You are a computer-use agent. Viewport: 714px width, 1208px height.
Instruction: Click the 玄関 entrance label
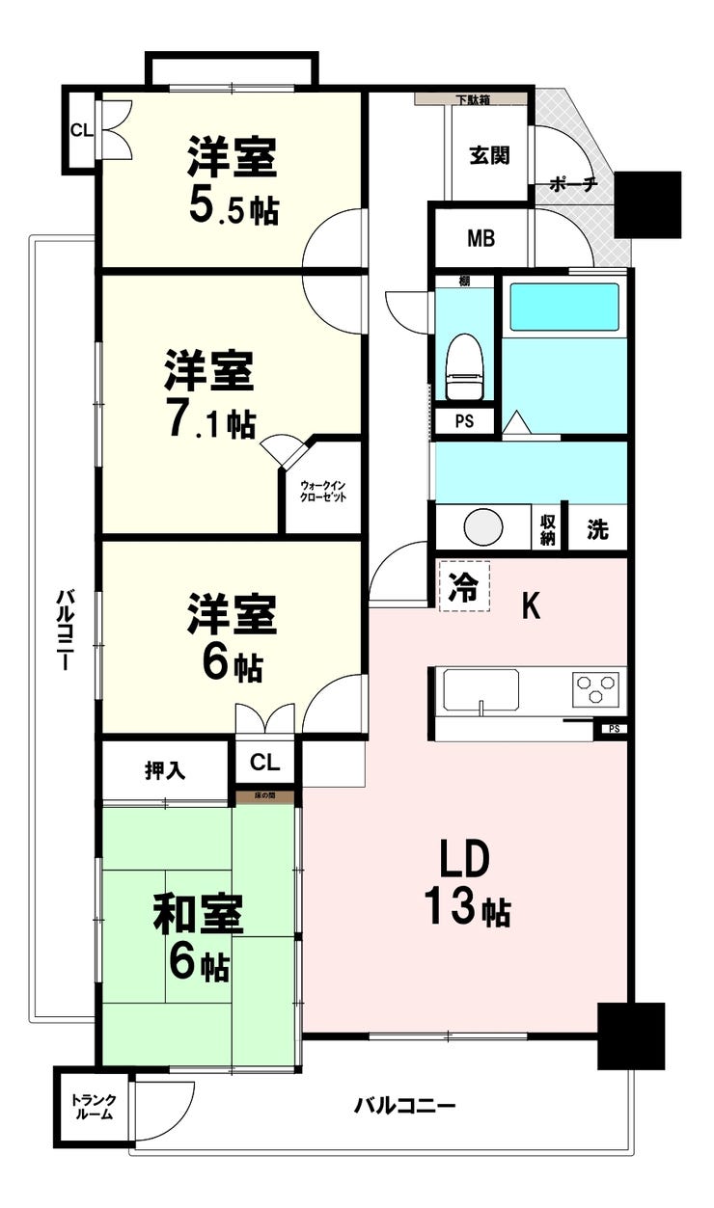click(x=489, y=155)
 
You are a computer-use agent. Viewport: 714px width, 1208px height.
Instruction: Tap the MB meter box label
click(x=481, y=238)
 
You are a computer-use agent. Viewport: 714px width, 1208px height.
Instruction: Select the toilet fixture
click(x=464, y=366)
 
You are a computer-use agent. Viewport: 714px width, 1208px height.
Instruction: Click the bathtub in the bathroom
click(x=564, y=307)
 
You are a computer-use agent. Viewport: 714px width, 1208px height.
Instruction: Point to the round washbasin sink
click(x=483, y=526)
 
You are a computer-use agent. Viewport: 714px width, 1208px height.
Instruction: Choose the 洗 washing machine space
click(x=597, y=529)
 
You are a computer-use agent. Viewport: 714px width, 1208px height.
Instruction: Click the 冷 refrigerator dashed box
click(x=464, y=586)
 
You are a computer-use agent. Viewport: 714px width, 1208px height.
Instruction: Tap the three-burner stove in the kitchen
click(x=596, y=688)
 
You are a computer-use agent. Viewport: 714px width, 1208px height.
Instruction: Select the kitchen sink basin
click(x=481, y=690)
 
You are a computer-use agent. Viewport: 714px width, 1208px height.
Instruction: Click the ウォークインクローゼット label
click(x=322, y=492)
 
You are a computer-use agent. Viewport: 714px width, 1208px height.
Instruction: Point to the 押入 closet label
click(x=165, y=770)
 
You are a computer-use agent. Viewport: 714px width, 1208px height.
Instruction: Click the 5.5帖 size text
click(x=233, y=209)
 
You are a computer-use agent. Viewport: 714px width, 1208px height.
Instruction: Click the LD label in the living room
click(x=464, y=860)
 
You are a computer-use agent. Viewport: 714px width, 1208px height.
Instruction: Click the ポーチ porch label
click(x=573, y=184)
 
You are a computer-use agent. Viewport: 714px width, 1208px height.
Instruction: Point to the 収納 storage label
click(x=548, y=529)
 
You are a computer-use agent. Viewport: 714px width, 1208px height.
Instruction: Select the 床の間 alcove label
click(x=265, y=795)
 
